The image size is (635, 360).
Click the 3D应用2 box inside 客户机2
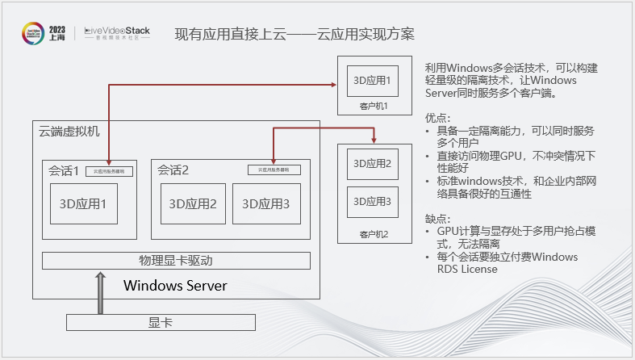372,164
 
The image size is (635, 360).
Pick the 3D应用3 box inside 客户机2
372,201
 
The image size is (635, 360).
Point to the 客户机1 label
374,106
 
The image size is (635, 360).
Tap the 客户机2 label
374,234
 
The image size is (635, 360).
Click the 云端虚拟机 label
69,132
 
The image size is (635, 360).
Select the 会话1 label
63,170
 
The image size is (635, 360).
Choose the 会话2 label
173,170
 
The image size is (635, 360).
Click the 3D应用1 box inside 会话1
84,204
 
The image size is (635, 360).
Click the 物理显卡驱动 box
175,261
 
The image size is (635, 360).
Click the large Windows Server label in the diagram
175,285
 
